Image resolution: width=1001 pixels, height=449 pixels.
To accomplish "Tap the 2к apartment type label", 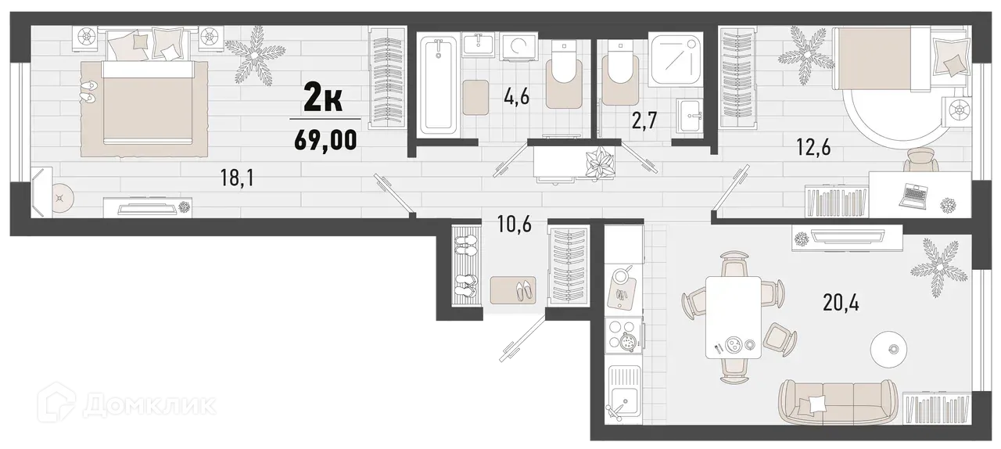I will (x=322, y=99).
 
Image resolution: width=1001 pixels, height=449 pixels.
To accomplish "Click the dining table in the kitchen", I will (x=733, y=317).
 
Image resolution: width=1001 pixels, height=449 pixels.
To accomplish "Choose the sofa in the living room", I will (x=836, y=400).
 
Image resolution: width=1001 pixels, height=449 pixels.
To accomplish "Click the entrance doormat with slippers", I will (x=513, y=289).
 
